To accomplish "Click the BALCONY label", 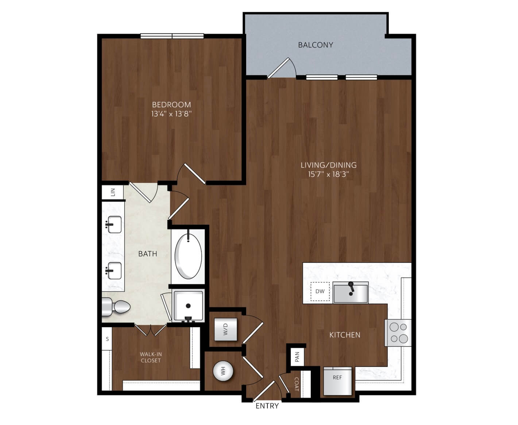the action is [x=316, y=45].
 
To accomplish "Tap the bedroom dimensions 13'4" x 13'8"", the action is [x=171, y=114].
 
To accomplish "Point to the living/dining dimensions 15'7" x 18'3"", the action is [x=329, y=174].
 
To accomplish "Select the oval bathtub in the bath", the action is [x=188, y=256].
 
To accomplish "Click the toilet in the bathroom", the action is [x=116, y=307].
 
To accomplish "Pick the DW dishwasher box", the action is [x=320, y=291].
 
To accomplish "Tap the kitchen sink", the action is [x=351, y=292].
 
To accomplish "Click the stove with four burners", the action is [x=398, y=333].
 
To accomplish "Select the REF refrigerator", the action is [x=337, y=381].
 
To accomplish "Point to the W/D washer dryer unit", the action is [x=225, y=329].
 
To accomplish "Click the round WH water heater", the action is [x=223, y=371].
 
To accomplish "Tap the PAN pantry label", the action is [x=297, y=357].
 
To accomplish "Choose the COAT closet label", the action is [x=297, y=384].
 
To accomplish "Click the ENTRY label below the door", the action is [x=267, y=406].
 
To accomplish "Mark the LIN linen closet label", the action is [x=113, y=192].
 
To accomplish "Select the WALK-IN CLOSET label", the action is [x=151, y=357].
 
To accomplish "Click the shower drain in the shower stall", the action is [x=188, y=306].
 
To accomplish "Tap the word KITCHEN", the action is [x=345, y=335].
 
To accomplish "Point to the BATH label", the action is [x=148, y=254].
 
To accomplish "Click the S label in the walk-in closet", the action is [x=107, y=339].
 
